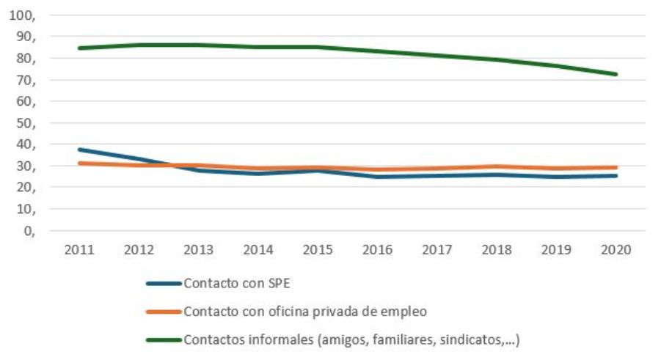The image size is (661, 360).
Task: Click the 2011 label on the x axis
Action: [x=78, y=250]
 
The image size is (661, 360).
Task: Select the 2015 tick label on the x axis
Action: [x=318, y=250]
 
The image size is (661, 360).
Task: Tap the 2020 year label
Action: [x=616, y=250]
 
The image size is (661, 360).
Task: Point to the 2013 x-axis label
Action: [x=198, y=250]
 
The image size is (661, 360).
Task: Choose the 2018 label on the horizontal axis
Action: [x=497, y=250]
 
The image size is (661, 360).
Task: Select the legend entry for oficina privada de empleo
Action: [x=304, y=311]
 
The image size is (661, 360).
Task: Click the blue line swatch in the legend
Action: [x=163, y=283]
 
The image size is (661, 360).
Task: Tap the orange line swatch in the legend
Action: [x=163, y=311]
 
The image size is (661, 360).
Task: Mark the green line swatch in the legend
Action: [x=163, y=339]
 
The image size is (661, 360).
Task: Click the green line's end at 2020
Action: [x=616, y=74]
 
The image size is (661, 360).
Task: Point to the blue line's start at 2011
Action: [x=79, y=150]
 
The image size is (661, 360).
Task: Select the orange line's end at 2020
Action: [x=616, y=167]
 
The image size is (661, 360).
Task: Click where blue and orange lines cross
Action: [x=170, y=165]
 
